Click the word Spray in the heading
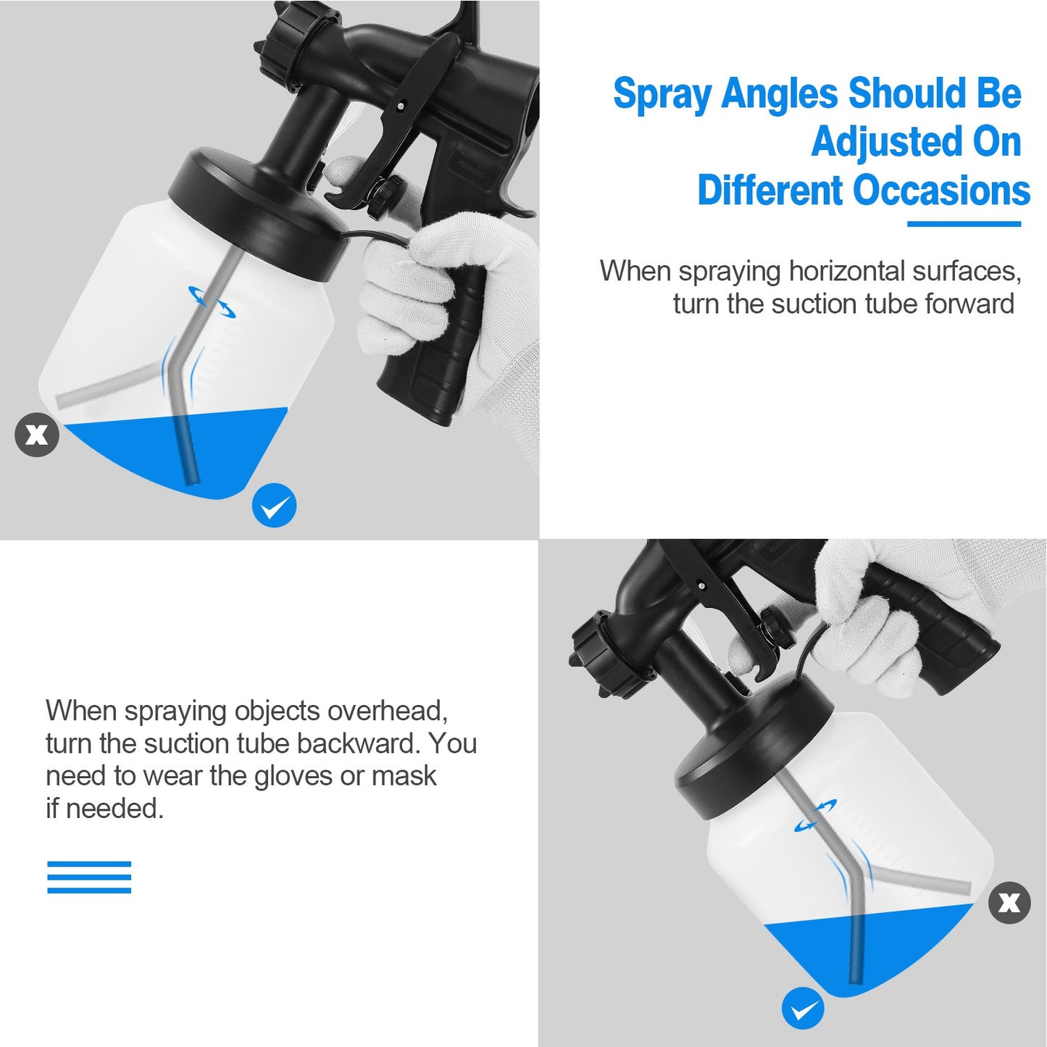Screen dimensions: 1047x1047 tap(662, 95)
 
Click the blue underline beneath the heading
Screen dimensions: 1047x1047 tap(964, 224)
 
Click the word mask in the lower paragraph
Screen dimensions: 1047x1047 tap(404, 776)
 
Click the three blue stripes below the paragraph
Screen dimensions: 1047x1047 tap(89, 877)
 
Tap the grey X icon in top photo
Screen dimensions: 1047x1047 tap(36, 435)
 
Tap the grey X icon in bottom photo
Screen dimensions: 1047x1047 tap(1009, 903)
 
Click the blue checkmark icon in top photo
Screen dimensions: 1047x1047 tap(274, 505)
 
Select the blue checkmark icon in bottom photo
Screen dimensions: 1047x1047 tap(803, 1008)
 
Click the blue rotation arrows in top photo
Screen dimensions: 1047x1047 tap(212, 301)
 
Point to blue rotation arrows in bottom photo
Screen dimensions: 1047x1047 tap(816, 816)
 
